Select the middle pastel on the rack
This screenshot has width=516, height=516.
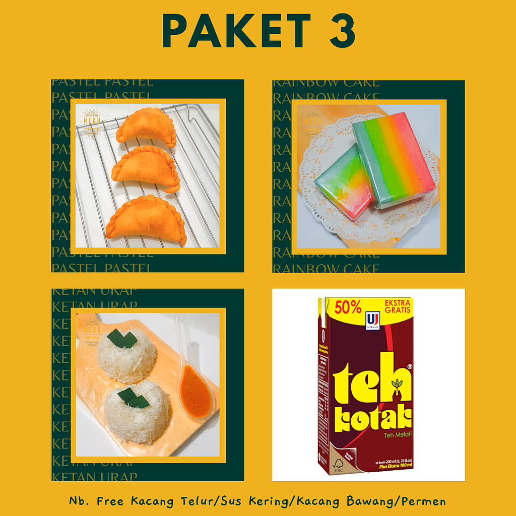click(x=146, y=169)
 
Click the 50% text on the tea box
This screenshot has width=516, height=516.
click(x=346, y=307)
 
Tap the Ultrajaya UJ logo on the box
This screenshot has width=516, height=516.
click(x=373, y=320)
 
